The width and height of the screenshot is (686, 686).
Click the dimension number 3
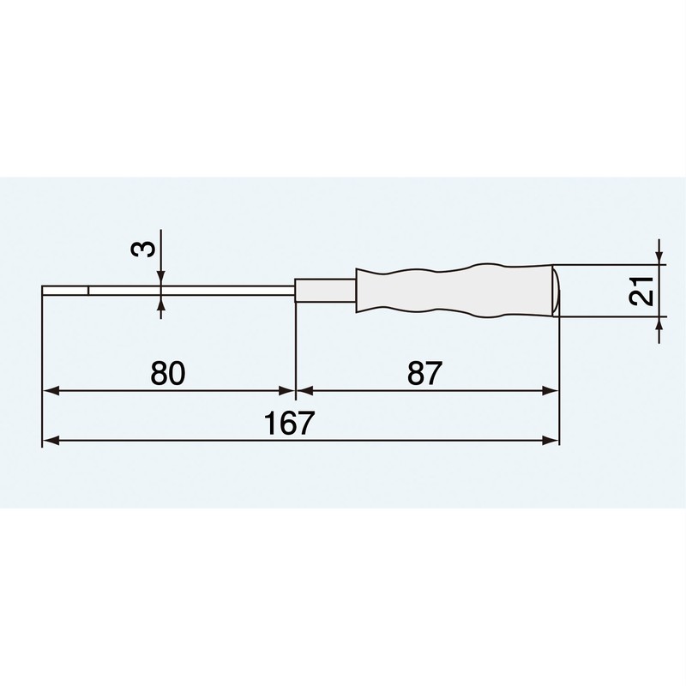point(145,250)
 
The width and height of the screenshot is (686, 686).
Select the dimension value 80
point(168,373)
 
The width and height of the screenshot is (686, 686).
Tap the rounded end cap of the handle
point(554,292)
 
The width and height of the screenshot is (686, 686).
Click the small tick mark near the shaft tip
point(87,292)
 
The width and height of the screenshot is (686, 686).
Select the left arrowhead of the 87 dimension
point(303,391)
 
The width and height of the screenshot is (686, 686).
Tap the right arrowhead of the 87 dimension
point(551,391)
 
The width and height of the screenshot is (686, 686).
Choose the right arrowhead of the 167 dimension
point(551,441)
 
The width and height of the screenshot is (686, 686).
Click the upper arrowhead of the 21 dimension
point(658,257)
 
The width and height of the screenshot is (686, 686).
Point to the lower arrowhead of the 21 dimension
point(658,325)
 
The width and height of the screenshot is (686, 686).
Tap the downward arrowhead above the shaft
point(160,274)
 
